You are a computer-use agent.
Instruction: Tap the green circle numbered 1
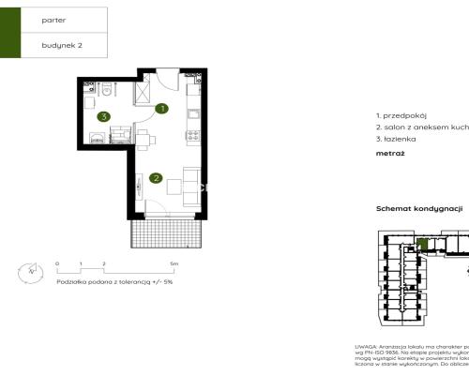tap(161, 109)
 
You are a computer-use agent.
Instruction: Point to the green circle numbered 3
tap(103, 116)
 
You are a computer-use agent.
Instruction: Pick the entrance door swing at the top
tap(165, 81)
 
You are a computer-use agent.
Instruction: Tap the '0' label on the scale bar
tap(57, 264)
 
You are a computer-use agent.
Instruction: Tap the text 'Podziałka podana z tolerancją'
tap(99, 281)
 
